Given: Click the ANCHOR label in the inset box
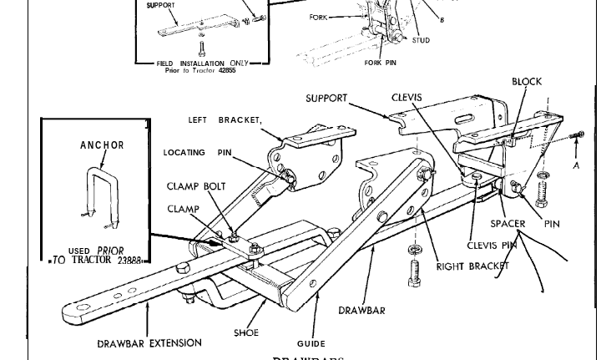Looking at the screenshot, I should coord(102,145).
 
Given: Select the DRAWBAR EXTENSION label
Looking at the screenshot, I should coord(149,342).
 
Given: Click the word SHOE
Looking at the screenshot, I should coord(246,332).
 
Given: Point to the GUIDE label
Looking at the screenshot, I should coord(311,343).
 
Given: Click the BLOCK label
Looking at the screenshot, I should coord(527,82).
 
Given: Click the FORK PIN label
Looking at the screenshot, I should coord(381,61).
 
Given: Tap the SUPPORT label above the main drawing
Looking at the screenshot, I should coord(326,98).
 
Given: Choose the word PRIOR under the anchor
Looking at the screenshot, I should coord(110,250).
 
